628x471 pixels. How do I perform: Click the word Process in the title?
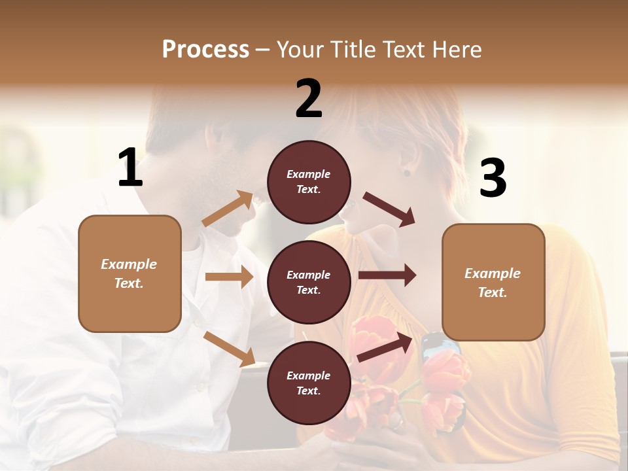point(205,50)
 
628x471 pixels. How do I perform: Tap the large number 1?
point(130,168)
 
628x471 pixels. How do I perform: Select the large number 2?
point(309,99)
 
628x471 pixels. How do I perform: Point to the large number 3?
point(493,178)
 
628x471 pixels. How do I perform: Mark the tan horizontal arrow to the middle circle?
point(229,277)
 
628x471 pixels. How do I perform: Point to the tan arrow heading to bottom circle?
point(229,348)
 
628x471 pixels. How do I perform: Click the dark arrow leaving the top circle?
point(389,209)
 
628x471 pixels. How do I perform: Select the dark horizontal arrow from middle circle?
point(387,275)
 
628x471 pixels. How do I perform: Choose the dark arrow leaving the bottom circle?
point(385,347)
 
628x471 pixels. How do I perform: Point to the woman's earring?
point(407,173)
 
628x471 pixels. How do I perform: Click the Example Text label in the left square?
point(129,273)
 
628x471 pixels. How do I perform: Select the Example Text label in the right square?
point(493,283)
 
